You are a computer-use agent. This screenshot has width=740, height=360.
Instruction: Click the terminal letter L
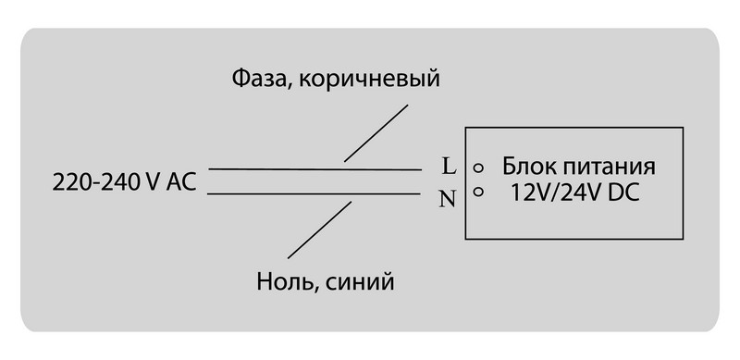tap(449, 168)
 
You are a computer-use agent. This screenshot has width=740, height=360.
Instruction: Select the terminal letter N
tap(449, 196)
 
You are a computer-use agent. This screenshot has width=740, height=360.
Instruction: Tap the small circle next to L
tap(479, 169)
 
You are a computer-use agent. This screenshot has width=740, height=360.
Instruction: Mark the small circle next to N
tap(479, 192)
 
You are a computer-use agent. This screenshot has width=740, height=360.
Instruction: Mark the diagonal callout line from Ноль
tap(319, 230)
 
